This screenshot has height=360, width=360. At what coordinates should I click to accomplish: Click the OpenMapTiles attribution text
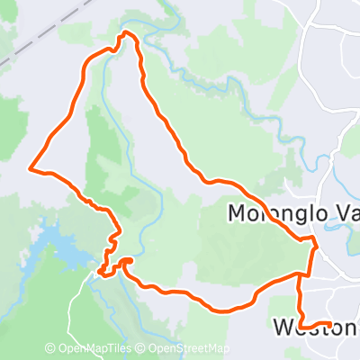97,349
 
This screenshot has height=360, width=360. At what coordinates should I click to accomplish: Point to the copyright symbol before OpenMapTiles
50,349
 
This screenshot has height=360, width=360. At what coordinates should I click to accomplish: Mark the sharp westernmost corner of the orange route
31,168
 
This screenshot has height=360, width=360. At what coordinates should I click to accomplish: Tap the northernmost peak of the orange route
126,33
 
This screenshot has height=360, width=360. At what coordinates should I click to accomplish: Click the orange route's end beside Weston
330,323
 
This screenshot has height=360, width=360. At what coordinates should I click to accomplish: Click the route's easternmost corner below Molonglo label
314,241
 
